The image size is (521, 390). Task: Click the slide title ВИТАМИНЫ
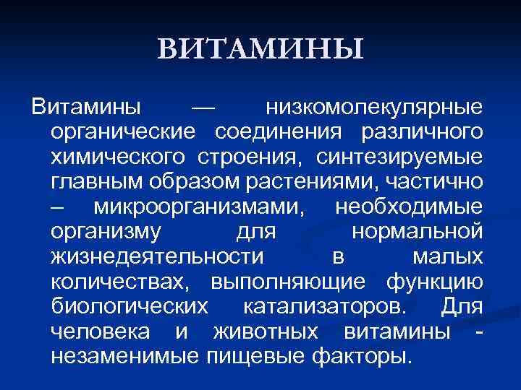pyautogui.click(x=260, y=49)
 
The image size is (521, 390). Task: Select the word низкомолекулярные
pyautogui.click(x=374, y=108)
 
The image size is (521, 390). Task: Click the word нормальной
pyautogui.click(x=416, y=232)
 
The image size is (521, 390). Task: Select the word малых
pyautogui.click(x=447, y=257)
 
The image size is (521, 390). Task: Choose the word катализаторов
pyautogui.click(x=321, y=306)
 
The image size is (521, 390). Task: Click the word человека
pyautogui.click(x=101, y=331)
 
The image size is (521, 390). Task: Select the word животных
pyautogui.click(x=266, y=331)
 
